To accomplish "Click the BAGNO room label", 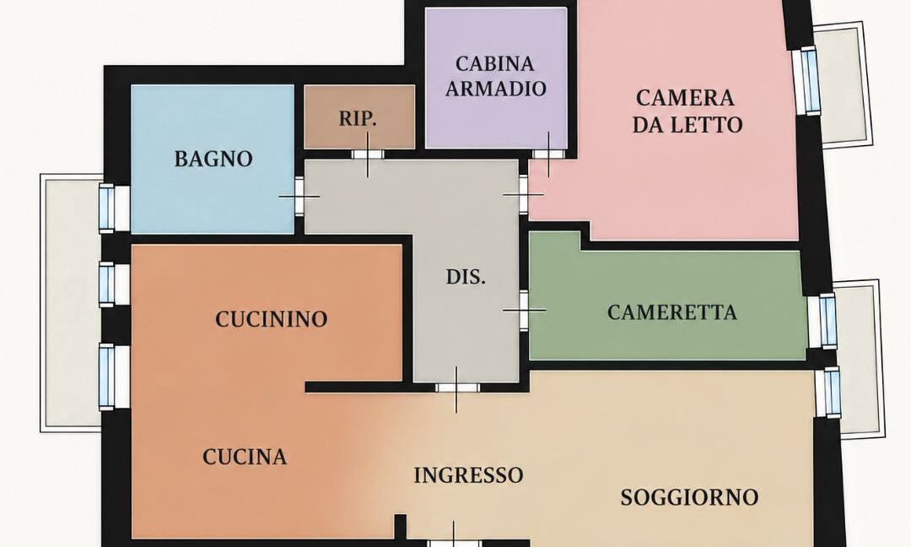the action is pos(213,159).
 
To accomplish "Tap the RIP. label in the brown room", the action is pos(358,118).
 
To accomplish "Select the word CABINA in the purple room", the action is pos(495,63).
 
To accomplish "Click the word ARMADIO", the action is pos(496,89).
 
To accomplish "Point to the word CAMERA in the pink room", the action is pos(685,98).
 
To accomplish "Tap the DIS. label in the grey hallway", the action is pos(466,277).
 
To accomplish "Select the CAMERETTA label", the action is pos(672,312).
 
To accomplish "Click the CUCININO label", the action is pos(272,319).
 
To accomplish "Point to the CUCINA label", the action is pos(245,457).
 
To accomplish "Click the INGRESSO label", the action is pos(468,475).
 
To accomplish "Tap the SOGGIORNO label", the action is pos(690,497).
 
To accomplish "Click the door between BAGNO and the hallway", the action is pos(299,197).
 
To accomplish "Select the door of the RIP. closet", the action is pos(367,154).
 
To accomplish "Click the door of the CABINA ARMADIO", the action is pos(548,154).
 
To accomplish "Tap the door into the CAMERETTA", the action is pos(524,311).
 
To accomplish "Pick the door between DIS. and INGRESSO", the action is pos(457,387).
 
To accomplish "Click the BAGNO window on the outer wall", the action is pos(107,209).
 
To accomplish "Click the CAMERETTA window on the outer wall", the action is pos(828,321).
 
